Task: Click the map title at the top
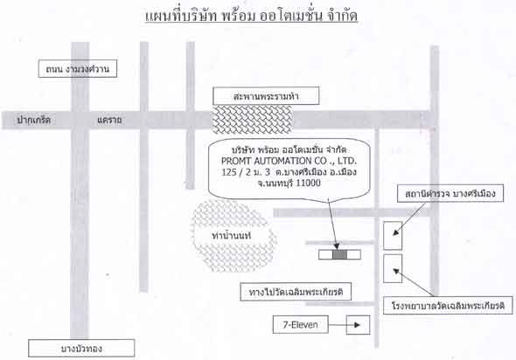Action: [x=251, y=16]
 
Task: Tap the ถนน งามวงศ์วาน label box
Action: [x=78, y=69]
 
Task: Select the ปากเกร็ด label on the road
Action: [x=33, y=120]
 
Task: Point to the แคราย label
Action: [x=109, y=120]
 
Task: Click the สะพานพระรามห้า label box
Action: [x=266, y=96]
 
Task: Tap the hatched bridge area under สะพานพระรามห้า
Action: [x=252, y=120]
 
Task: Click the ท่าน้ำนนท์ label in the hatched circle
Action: [x=232, y=235]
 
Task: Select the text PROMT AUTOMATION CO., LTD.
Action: [x=289, y=161]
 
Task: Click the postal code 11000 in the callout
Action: [x=308, y=183]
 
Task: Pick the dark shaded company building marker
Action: [x=340, y=254]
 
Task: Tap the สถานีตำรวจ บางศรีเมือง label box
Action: [x=450, y=193]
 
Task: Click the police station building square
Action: [x=393, y=235]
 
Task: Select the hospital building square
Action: [x=393, y=268]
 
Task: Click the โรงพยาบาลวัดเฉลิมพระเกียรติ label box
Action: [x=448, y=306]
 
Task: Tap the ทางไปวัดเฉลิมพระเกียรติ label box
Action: [x=296, y=292]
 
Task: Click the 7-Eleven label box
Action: [x=301, y=325]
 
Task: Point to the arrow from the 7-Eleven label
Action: [x=345, y=325]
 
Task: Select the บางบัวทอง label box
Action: [x=81, y=348]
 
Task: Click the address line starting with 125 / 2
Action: [x=289, y=172]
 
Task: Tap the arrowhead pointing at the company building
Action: [x=337, y=246]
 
